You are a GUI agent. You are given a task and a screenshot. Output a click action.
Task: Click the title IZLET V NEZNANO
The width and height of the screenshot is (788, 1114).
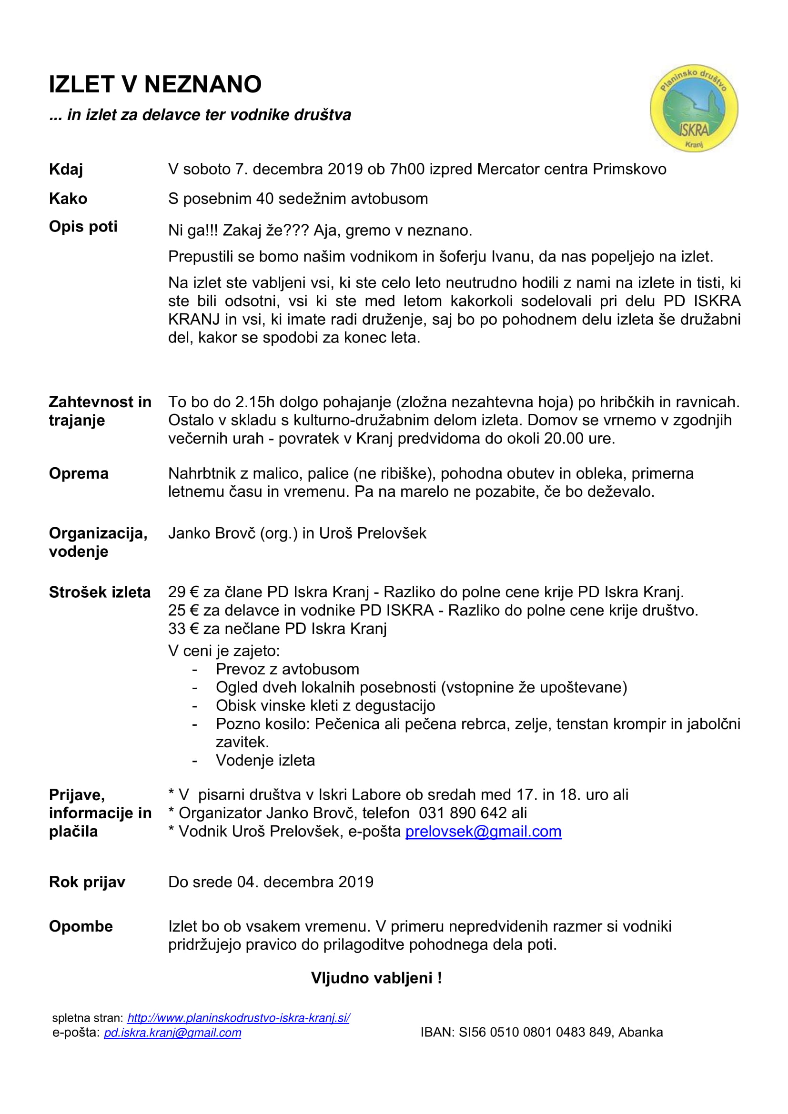point(155,84)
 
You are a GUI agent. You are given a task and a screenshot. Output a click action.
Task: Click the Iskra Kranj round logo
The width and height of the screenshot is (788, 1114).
point(693,108)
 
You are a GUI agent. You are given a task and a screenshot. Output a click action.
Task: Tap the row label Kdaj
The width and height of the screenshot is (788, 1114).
point(66,170)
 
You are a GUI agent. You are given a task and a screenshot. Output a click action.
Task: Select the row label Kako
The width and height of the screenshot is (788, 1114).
point(68,199)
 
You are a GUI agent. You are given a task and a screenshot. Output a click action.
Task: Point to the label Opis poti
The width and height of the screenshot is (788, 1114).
point(83,227)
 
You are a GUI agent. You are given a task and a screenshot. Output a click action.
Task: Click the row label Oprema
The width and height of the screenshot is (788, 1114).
point(79,473)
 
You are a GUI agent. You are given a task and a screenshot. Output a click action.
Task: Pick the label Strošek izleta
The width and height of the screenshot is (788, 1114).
point(100,592)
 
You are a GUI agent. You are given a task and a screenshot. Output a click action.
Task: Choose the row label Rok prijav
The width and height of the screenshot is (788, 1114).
point(87,882)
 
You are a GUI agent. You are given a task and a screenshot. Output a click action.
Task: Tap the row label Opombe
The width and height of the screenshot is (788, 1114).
point(81,926)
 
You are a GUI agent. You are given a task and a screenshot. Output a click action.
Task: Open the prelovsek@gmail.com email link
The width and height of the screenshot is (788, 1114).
point(483,832)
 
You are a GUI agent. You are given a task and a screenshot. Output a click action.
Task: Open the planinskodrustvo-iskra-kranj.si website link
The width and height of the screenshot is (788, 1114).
point(238,1018)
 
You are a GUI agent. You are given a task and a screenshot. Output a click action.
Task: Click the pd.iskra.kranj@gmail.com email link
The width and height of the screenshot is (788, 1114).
point(172,1033)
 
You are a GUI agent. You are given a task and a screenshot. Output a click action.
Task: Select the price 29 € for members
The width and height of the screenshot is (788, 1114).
point(183,592)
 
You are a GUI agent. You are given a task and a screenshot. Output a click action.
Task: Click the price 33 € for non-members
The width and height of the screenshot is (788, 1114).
point(183,629)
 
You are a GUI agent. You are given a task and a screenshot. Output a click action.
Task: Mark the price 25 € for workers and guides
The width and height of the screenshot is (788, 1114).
point(183,611)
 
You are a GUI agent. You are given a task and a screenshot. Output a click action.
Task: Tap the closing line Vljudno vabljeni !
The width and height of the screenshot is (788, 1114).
point(376,978)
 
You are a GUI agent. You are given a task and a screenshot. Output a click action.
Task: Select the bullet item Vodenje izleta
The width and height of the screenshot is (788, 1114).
point(265,760)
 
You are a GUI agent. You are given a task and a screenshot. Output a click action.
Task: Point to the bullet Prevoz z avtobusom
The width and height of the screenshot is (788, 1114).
point(287,670)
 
